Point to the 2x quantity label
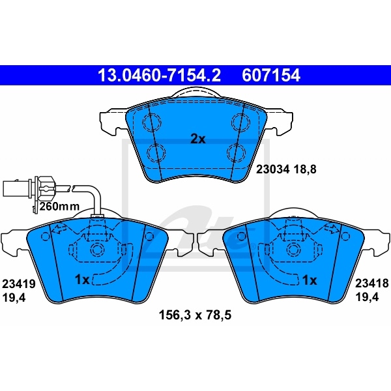[197, 139]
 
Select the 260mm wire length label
[59, 206]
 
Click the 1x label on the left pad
[81, 280]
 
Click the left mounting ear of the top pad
[111, 121]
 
